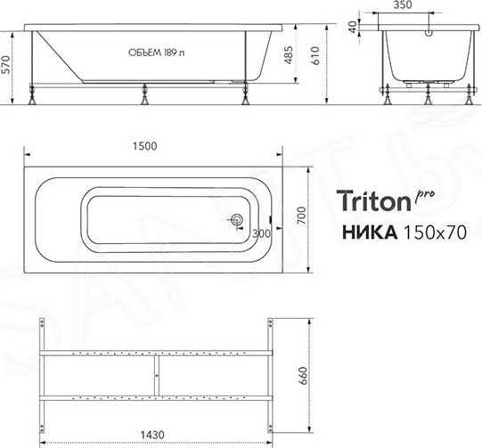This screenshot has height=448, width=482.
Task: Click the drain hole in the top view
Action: point(238,220)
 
